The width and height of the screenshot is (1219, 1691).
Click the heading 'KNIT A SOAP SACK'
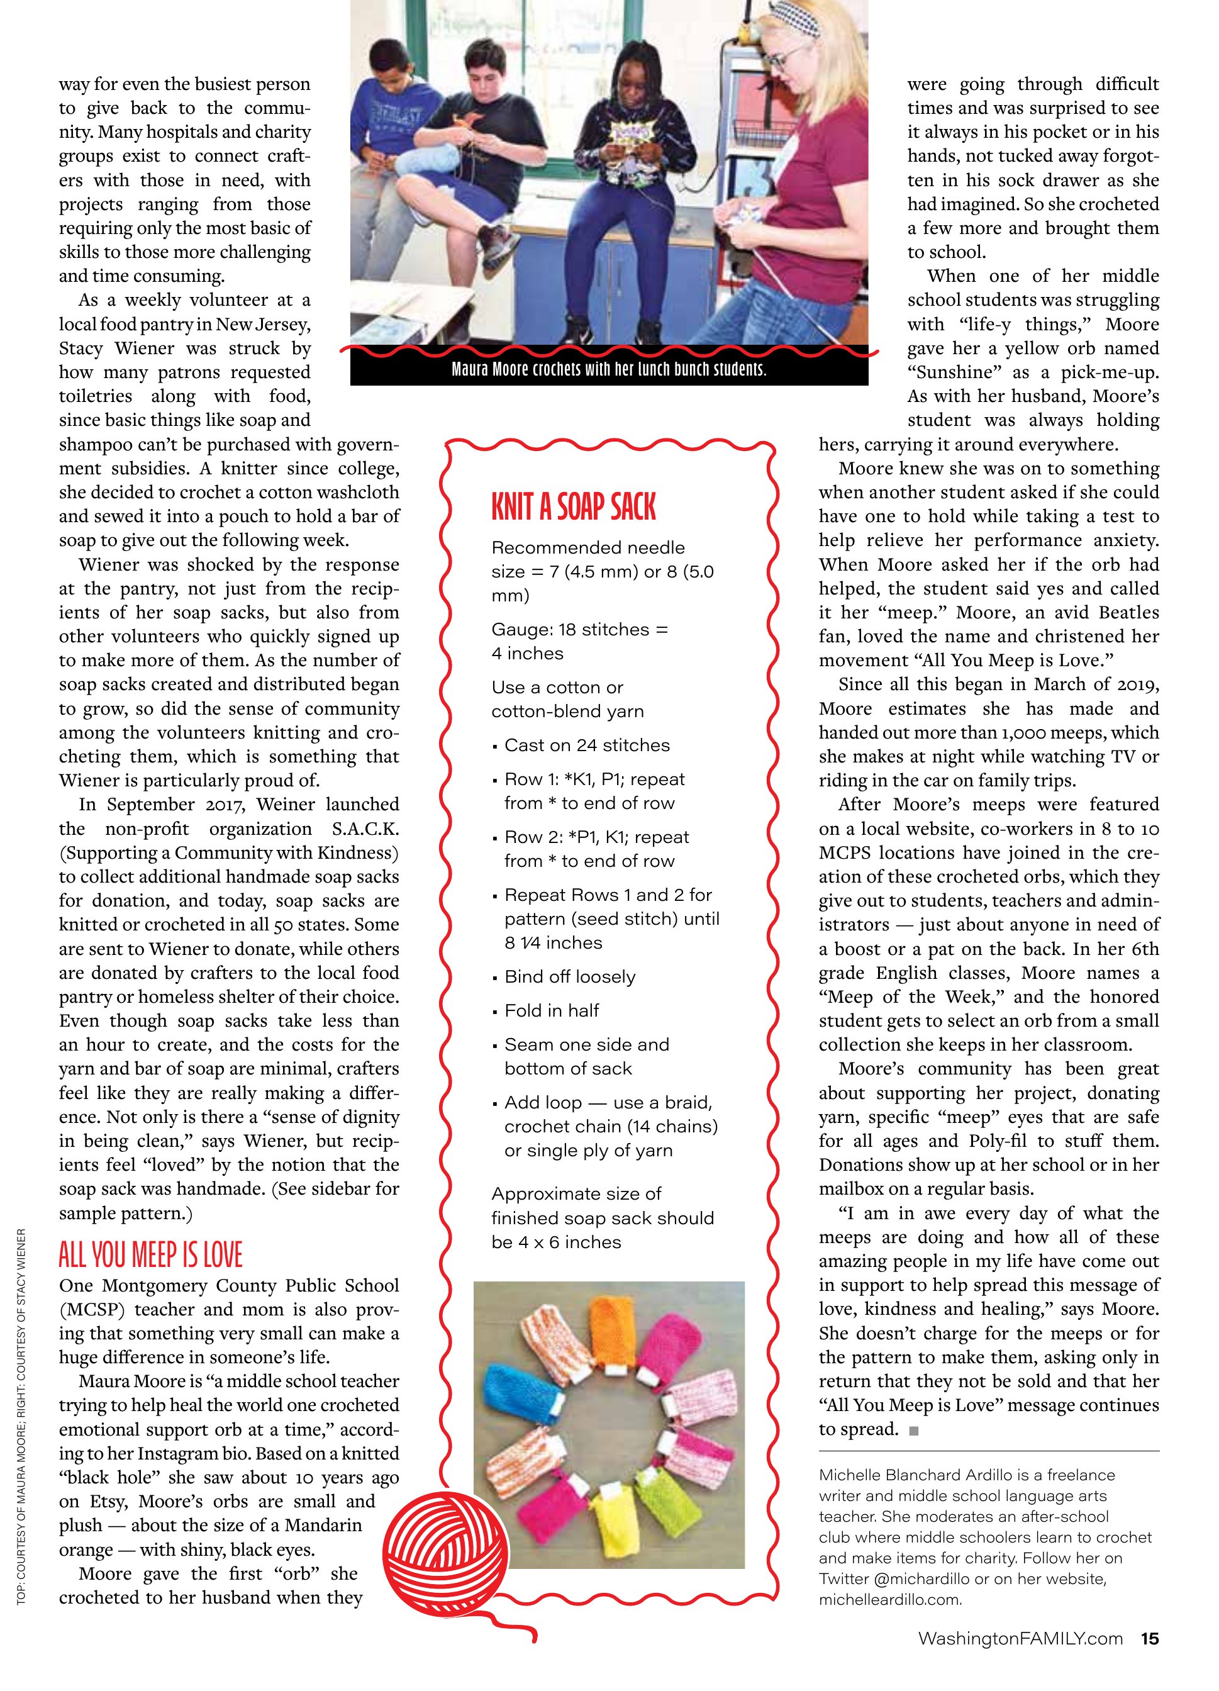pyautogui.click(x=574, y=507)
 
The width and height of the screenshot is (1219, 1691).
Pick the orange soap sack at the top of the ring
pyautogui.click(x=609, y=1329)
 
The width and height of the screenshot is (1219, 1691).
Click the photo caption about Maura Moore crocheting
pyautogui.click(x=608, y=369)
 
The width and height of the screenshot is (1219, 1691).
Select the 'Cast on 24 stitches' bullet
pyautogui.click(x=587, y=745)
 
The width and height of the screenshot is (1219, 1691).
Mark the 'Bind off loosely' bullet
pyautogui.click(x=570, y=977)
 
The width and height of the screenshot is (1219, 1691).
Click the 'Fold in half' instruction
pyautogui.click(x=552, y=1010)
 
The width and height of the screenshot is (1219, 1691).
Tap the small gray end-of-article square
pyautogui.click(x=914, y=1430)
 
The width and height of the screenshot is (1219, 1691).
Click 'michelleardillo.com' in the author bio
pyautogui.click(x=889, y=1599)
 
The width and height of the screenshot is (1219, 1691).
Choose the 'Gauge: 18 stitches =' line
pyautogui.click(x=579, y=629)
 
